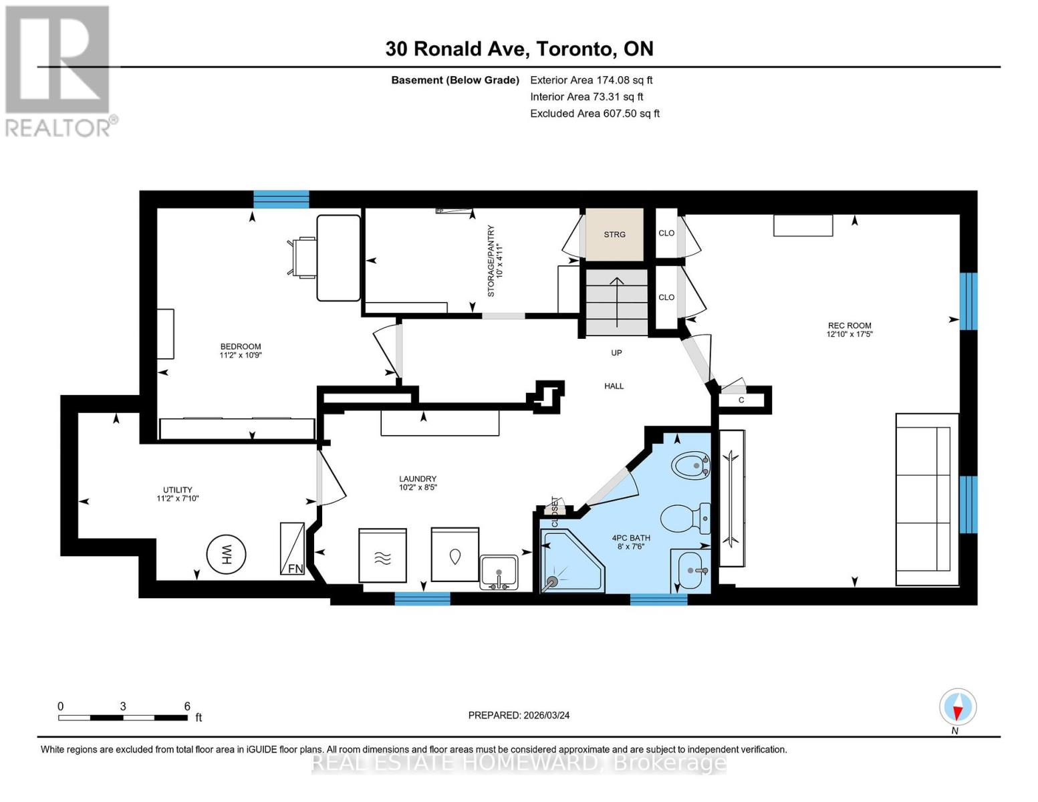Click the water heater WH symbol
[226, 554]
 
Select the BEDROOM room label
[241, 351]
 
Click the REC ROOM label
[850, 330]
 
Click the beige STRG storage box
[614, 235]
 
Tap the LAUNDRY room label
[418, 483]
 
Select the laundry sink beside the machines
[499, 572]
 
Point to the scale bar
[123, 717]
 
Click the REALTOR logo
[59, 70]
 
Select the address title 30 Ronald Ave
[519, 49]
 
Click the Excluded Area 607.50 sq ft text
[595, 114]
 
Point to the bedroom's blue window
[281, 199]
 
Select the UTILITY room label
[178, 494]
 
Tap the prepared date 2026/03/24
[519, 715]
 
